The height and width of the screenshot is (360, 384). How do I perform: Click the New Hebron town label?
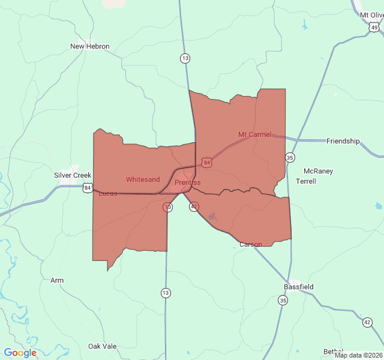click(x=90, y=46)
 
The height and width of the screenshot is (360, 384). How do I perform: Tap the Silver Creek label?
click(x=73, y=175)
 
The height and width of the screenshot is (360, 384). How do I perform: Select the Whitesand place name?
click(x=143, y=179)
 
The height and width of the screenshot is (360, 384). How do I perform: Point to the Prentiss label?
click(x=188, y=182)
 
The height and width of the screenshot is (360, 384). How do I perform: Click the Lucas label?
click(x=108, y=193)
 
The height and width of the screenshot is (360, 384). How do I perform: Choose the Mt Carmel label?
click(x=255, y=134)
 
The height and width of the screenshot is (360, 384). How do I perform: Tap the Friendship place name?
click(x=343, y=141)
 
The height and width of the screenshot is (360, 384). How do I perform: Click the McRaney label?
click(x=318, y=171)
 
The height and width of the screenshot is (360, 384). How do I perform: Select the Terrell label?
click(x=306, y=181)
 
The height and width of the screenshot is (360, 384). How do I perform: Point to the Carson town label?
click(x=250, y=244)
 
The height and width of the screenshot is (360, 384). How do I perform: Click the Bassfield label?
click(x=299, y=287)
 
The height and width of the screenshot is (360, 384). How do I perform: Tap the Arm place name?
click(x=57, y=280)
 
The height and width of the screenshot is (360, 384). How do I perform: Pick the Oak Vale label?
click(x=103, y=346)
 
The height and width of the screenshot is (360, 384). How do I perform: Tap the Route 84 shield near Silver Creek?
click(x=88, y=188)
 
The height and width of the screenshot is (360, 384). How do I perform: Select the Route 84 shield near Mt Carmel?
click(x=206, y=163)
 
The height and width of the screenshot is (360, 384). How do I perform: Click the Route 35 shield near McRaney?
click(x=290, y=158)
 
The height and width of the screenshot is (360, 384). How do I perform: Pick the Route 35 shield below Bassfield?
click(x=283, y=300)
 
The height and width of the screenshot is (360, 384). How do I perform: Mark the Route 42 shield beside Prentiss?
click(x=193, y=206)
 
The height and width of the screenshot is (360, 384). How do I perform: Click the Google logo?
click(x=20, y=353)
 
